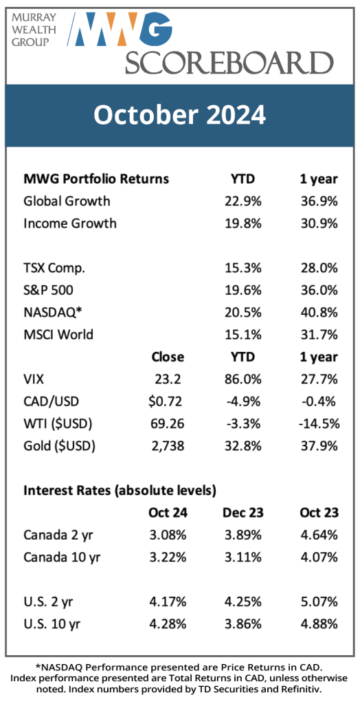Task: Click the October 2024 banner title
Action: [179, 115]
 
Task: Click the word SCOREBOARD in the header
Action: [229, 63]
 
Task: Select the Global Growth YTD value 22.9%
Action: [243, 200]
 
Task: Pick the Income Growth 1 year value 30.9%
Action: [319, 223]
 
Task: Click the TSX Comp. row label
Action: [54, 269]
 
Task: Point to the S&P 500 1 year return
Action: [319, 291]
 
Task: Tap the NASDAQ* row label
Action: [52, 313]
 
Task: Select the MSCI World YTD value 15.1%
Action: [243, 335]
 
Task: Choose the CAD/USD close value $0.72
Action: [165, 401]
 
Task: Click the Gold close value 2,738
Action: [166, 445]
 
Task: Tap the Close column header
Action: [168, 357]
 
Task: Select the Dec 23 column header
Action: [243, 513]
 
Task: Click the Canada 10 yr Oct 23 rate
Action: [319, 558]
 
